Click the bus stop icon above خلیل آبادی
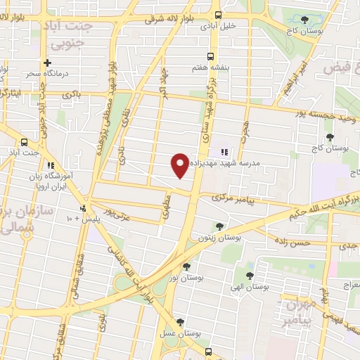pos(218,15)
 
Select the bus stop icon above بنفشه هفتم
pos(209,57)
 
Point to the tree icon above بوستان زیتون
pos(220,226)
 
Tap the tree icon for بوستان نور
pos(186,266)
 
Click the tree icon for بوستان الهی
pos(250,275)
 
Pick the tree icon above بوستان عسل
pos(181,323)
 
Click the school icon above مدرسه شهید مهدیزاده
pos(224,152)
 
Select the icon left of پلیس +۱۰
pos(83,208)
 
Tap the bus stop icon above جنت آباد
pos(25,141)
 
